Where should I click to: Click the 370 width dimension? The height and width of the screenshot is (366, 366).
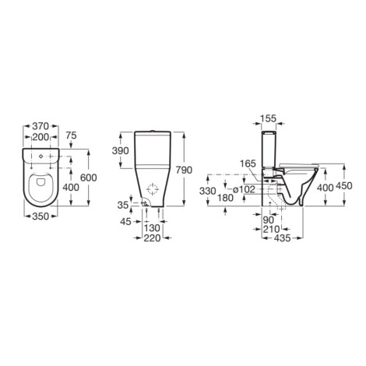(x=40, y=126)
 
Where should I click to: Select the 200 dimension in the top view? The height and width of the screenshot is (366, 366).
(x=40, y=137)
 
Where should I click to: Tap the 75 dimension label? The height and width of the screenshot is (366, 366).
(x=71, y=135)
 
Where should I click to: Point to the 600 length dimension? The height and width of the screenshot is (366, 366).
(x=89, y=178)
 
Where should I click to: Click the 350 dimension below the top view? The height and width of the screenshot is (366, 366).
(x=40, y=216)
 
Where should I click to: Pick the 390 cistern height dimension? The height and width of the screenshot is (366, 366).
(x=120, y=150)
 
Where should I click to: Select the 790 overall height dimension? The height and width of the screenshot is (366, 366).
(x=184, y=170)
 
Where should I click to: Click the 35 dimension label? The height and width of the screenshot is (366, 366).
(x=123, y=206)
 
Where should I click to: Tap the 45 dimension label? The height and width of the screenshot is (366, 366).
(x=125, y=222)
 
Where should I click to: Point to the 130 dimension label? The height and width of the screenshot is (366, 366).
(x=152, y=228)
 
